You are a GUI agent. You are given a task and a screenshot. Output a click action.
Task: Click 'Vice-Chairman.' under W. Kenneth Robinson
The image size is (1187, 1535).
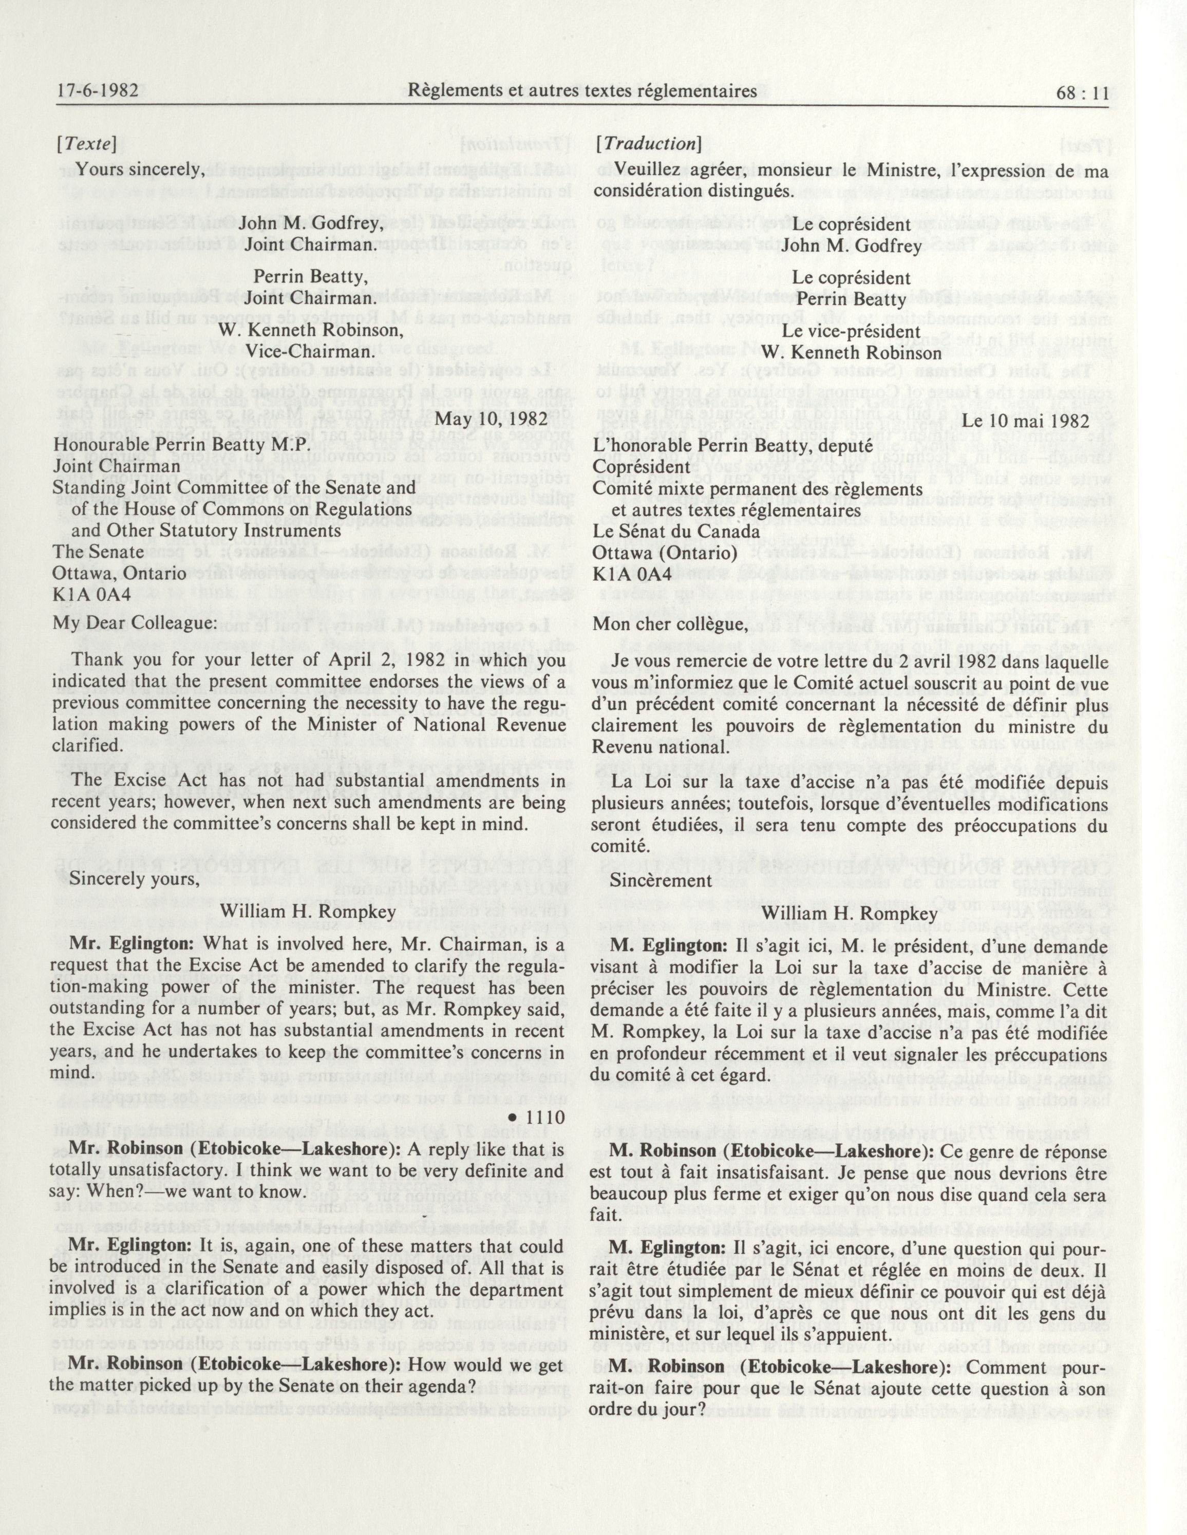(x=310, y=351)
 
